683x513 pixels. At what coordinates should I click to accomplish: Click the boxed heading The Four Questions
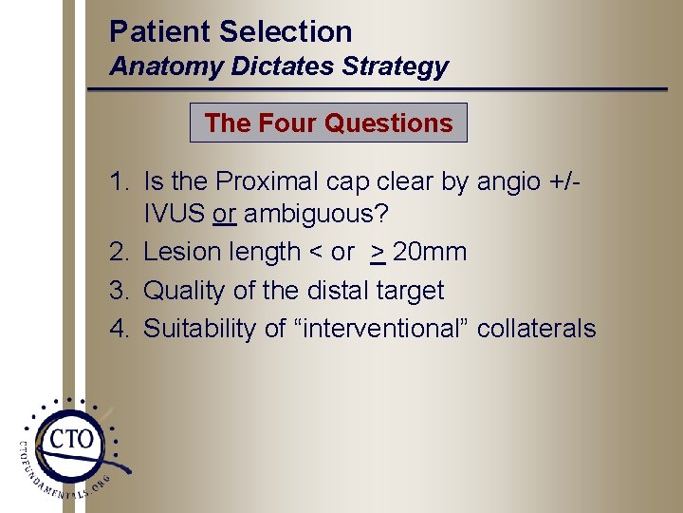pos(328,123)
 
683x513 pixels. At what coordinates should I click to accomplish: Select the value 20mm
pos(430,252)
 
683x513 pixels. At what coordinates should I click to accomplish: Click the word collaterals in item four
pos(536,328)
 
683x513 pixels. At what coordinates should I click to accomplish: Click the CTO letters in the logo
pos(71,439)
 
